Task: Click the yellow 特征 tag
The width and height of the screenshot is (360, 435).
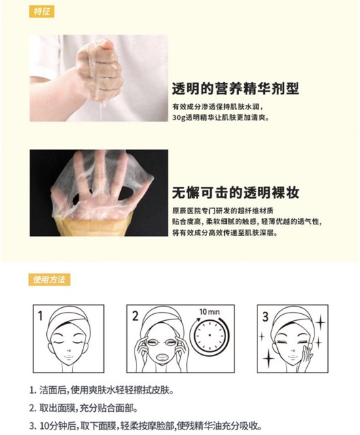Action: (41, 12)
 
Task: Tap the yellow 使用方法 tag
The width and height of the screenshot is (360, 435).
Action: (50, 279)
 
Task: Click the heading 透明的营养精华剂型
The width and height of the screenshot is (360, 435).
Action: (236, 89)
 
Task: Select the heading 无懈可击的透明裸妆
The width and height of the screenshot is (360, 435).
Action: (236, 192)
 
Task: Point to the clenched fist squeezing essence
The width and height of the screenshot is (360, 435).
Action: (100, 69)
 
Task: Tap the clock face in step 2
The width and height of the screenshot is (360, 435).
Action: (210, 335)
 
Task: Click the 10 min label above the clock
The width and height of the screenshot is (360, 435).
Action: (209, 312)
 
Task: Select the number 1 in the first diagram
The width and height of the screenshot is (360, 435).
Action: (40, 315)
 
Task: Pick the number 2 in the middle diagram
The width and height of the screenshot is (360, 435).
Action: (135, 316)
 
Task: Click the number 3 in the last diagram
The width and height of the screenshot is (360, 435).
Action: (266, 317)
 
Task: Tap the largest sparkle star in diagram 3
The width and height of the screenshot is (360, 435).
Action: (268, 358)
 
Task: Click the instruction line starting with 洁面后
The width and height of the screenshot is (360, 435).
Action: (102, 390)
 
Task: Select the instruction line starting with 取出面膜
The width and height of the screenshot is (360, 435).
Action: (83, 408)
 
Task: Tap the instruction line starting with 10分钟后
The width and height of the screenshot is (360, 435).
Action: (145, 425)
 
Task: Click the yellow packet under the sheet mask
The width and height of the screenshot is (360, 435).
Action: (92, 227)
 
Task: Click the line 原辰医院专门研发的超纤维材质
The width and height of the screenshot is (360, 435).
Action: (223, 211)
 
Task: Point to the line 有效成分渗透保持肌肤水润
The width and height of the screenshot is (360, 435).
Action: (217, 107)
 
